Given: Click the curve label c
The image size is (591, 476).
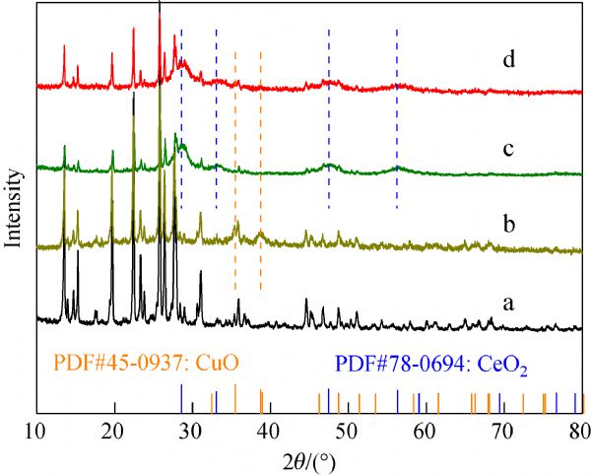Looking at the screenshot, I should click(x=508, y=150).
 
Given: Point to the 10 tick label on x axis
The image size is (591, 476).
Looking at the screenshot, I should click(x=35, y=431).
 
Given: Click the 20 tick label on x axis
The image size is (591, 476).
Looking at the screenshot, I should click(x=113, y=431).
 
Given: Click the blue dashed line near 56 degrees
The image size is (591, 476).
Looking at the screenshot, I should click(x=397, y=118).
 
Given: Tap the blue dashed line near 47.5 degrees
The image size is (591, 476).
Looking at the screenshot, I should click(x=329, y=118).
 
